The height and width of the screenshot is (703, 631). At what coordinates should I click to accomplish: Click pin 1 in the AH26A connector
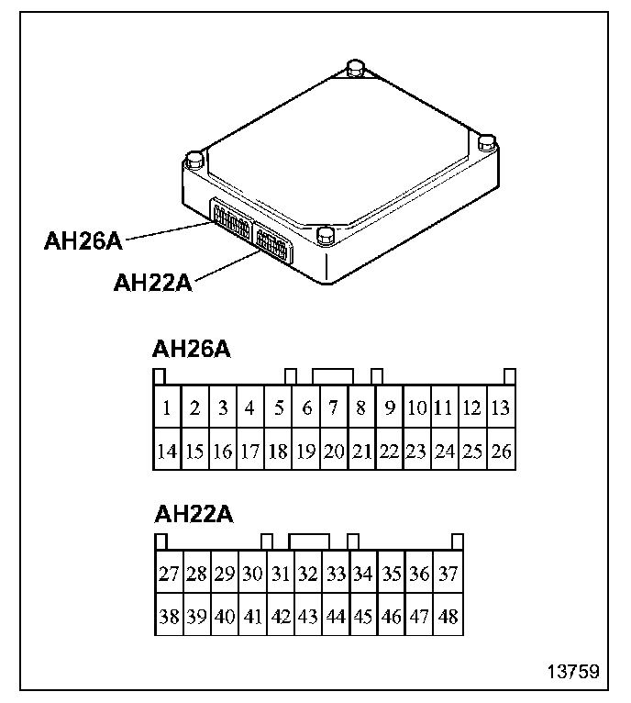(x=166, y=409)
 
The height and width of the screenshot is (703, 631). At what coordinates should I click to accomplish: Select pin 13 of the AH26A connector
(x=500, y=409)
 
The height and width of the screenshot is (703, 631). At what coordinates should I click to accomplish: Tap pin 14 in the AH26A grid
(x=166, y=451)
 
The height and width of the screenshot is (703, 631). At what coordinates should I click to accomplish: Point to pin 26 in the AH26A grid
(x=500, y=451)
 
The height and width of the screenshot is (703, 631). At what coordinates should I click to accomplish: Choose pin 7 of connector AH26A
(x=335, y=409)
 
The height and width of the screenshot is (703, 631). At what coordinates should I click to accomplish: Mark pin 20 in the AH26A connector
(x=335, y=451)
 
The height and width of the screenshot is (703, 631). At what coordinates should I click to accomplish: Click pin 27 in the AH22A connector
(x=168, y=575)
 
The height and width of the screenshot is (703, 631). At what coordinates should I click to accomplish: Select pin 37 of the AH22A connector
(x=448, y=575)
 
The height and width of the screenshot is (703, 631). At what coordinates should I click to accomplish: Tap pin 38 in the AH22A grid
(x=168, y=616)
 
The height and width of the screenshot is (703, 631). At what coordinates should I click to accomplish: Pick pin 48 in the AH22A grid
(x=448, y=616)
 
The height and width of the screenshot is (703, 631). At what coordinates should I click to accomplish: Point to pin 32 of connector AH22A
(x=308, y=575)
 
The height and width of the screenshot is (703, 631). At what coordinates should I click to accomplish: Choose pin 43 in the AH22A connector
(x=308, y=616)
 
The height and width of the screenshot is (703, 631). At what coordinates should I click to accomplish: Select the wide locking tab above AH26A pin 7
(x=332, y=376)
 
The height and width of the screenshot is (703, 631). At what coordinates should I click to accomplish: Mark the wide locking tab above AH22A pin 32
(x=310, y=541)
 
